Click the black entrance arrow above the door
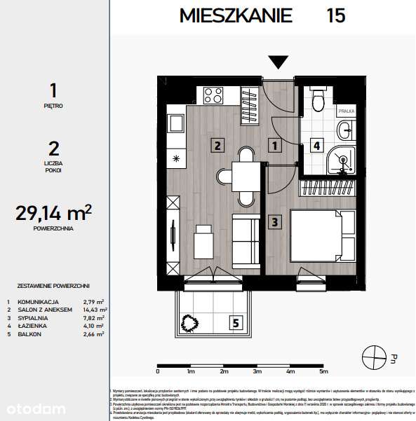[x=279, y=62]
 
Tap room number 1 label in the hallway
[x=276, y=146]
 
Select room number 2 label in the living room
[x=218, y=146]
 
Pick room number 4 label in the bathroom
[x=316, y=146]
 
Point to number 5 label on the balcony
[x=236, y=323]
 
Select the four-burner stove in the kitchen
[x=212, y=94]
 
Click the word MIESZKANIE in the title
[x=235, y=15]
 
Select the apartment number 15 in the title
[x=335, y=15]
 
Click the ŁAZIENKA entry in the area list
[x=32, y=326]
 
